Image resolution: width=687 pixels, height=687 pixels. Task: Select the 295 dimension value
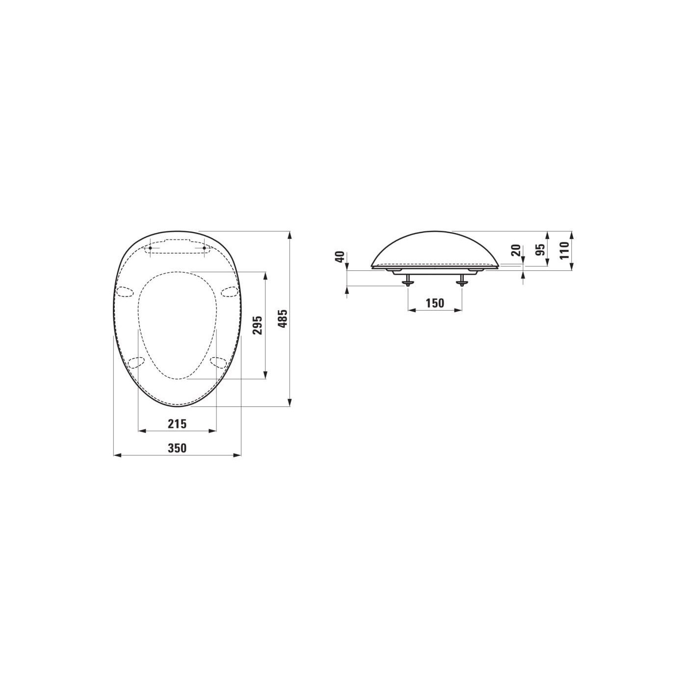tap(258, 325)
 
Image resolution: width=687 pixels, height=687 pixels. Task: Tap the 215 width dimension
tap(177, 424)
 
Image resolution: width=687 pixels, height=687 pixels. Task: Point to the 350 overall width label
tap(177, 448)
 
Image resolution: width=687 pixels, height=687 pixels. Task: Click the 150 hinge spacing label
tap(435, 303)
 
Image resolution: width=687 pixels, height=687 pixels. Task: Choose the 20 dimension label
tap(516, 251)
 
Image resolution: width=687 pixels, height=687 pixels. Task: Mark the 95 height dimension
tap(542, 249)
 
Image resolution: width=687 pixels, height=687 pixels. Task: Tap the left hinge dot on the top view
tap(150, 248)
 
